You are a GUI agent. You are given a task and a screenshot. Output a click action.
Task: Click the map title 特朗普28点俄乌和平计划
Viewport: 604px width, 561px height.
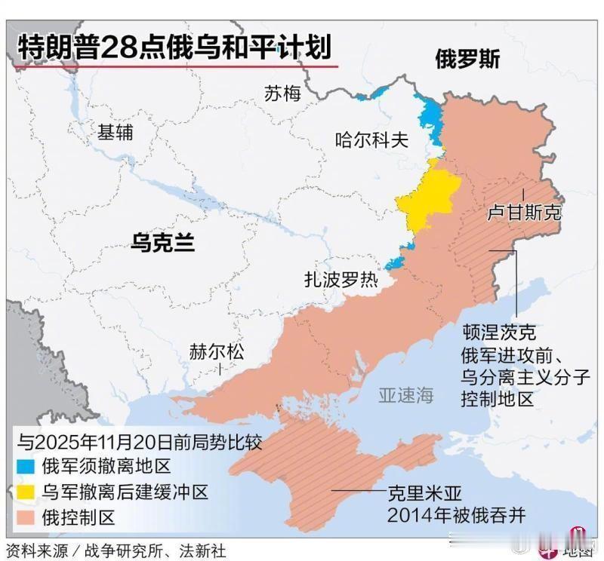click(174, 47)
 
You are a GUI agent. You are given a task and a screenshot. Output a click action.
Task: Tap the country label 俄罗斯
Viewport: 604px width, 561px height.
click(467, 60)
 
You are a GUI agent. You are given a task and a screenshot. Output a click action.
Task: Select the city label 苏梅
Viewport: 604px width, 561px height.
click(282, 93)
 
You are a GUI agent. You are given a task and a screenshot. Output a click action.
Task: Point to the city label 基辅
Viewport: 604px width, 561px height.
click(116, 132)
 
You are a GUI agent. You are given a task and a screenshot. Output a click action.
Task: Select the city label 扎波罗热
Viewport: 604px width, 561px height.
click(341, 280)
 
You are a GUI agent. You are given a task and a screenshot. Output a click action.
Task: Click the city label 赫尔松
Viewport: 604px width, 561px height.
click(217, 351)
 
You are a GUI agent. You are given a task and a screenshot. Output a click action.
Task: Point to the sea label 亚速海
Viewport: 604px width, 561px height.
click(406, 394)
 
